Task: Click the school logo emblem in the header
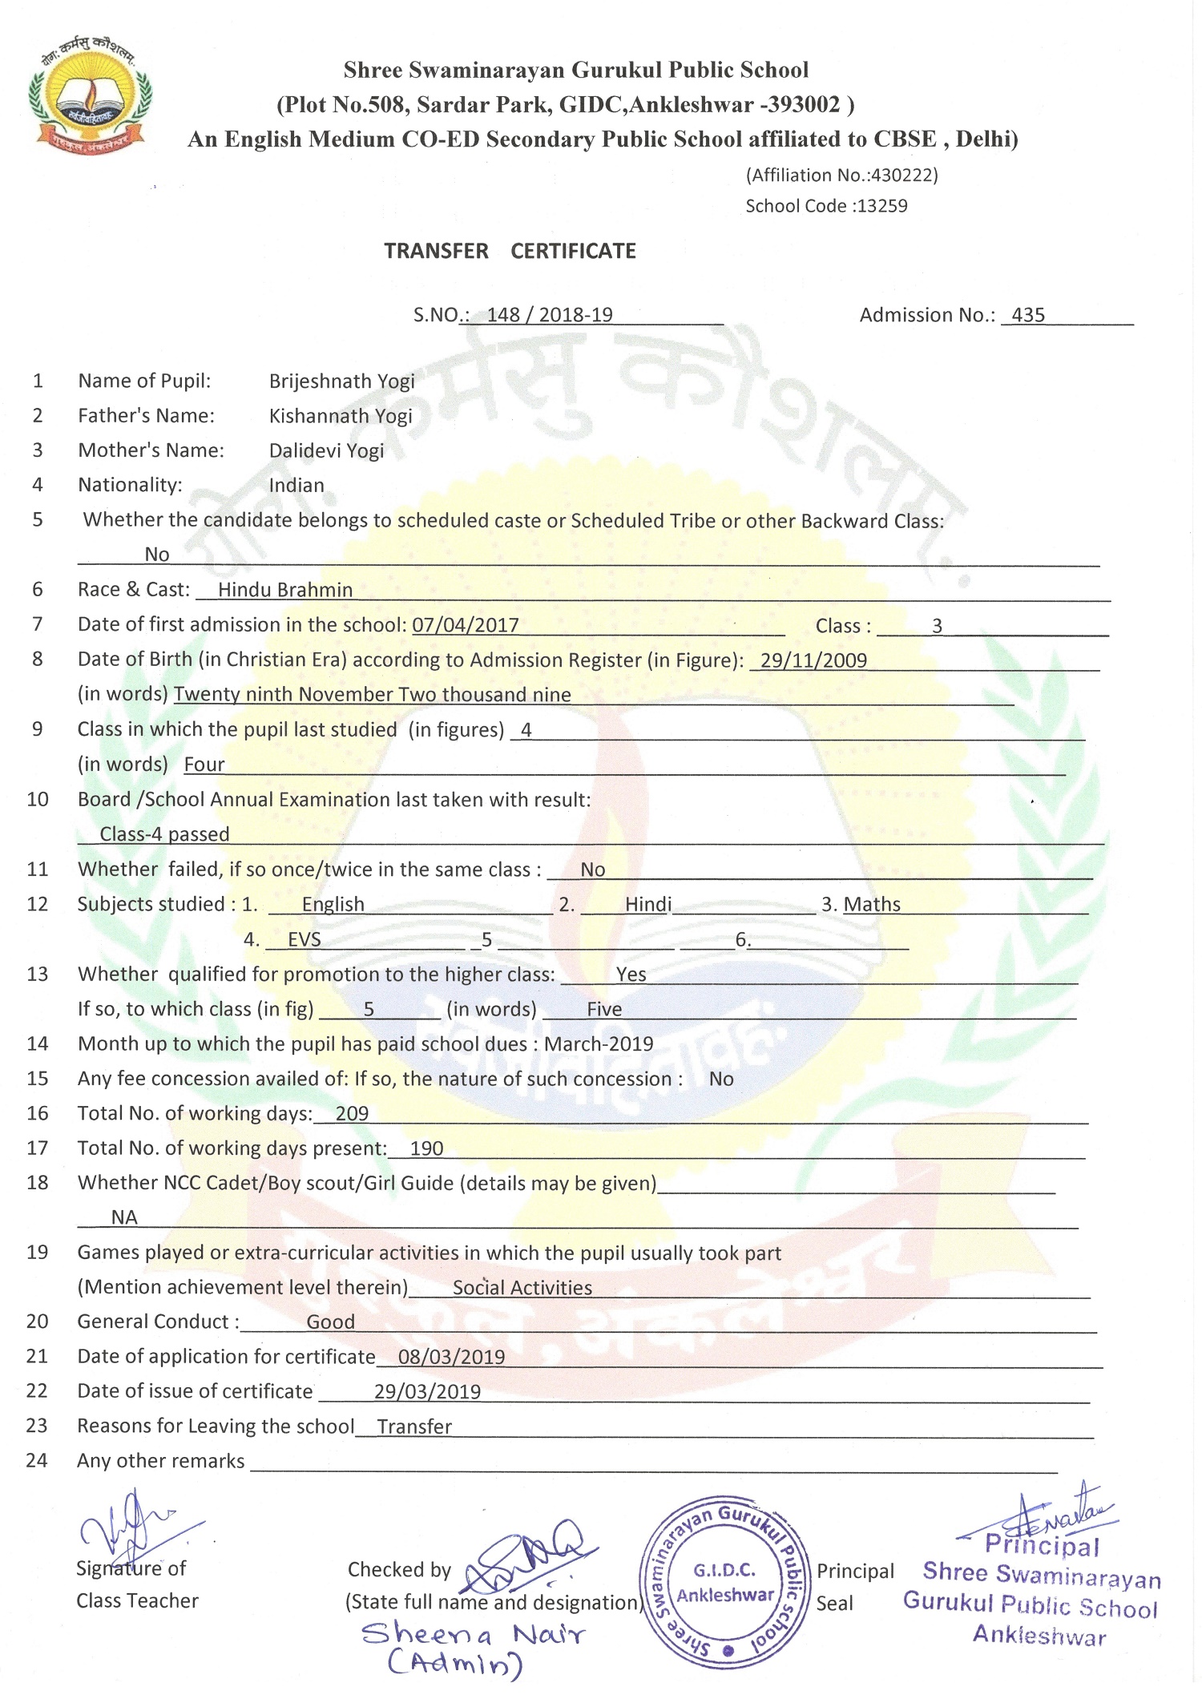89,95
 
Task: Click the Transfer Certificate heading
510,251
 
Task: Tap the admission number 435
1028,315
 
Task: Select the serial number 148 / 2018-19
550,315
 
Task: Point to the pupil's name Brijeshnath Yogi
341,381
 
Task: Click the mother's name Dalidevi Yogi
326,450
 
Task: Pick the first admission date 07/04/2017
466,625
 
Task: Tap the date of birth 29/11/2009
813,660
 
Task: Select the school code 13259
881,206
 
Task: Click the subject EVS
305,939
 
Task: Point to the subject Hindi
648,905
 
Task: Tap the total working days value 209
352,1113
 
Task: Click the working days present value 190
426,1148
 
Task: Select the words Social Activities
522,1288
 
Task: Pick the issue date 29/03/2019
427,1392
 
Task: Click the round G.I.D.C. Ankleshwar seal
724,1584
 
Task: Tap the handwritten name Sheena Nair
474,1635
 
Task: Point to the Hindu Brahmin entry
285,591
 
